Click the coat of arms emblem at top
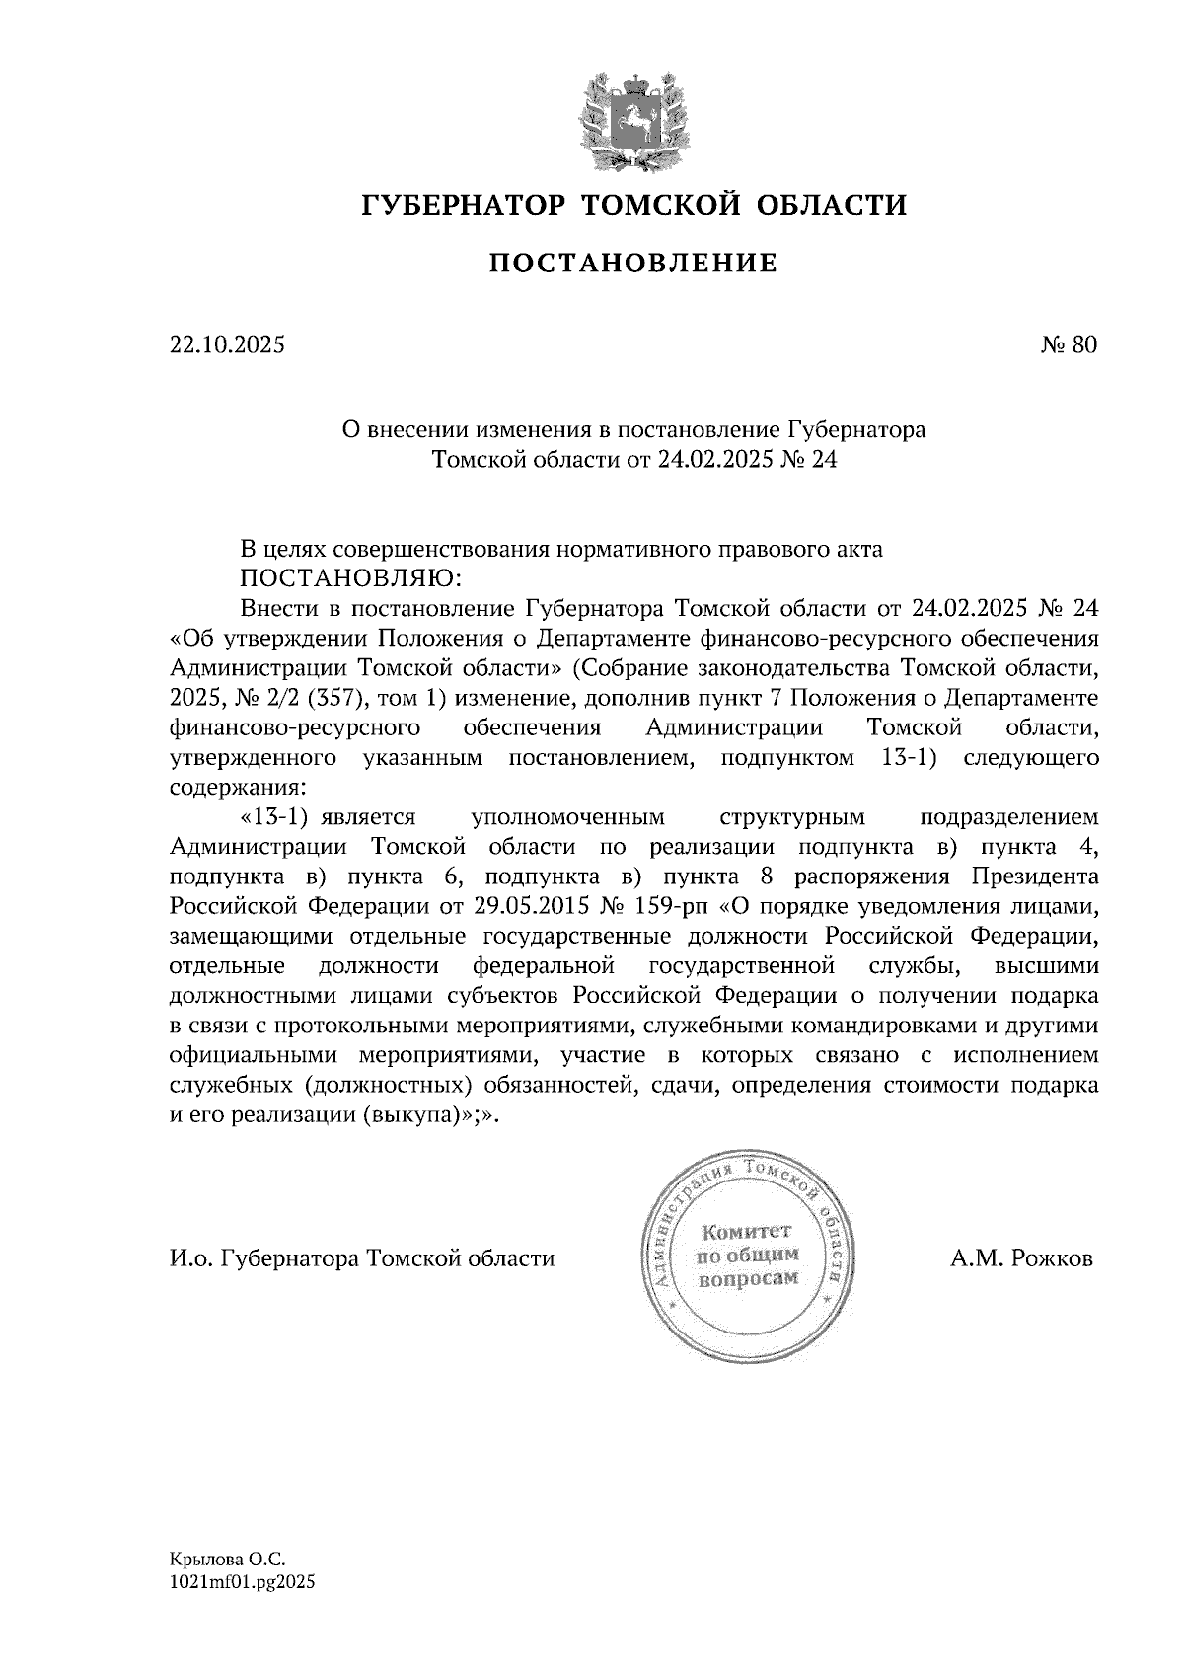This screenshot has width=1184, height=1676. pos(632,116)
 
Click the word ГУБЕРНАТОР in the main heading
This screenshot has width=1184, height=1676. pos(464,205)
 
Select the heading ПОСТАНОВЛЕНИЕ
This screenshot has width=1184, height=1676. pos(633,263)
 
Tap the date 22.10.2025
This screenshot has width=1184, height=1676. pos(227,344)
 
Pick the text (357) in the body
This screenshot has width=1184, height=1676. pos(331,699)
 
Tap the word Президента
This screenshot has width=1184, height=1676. pos(1034,876)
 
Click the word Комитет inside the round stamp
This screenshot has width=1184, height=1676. pos(746,1232)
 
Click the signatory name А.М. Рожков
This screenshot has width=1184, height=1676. pos(1022,1259)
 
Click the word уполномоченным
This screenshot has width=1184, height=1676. pos(568,816)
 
